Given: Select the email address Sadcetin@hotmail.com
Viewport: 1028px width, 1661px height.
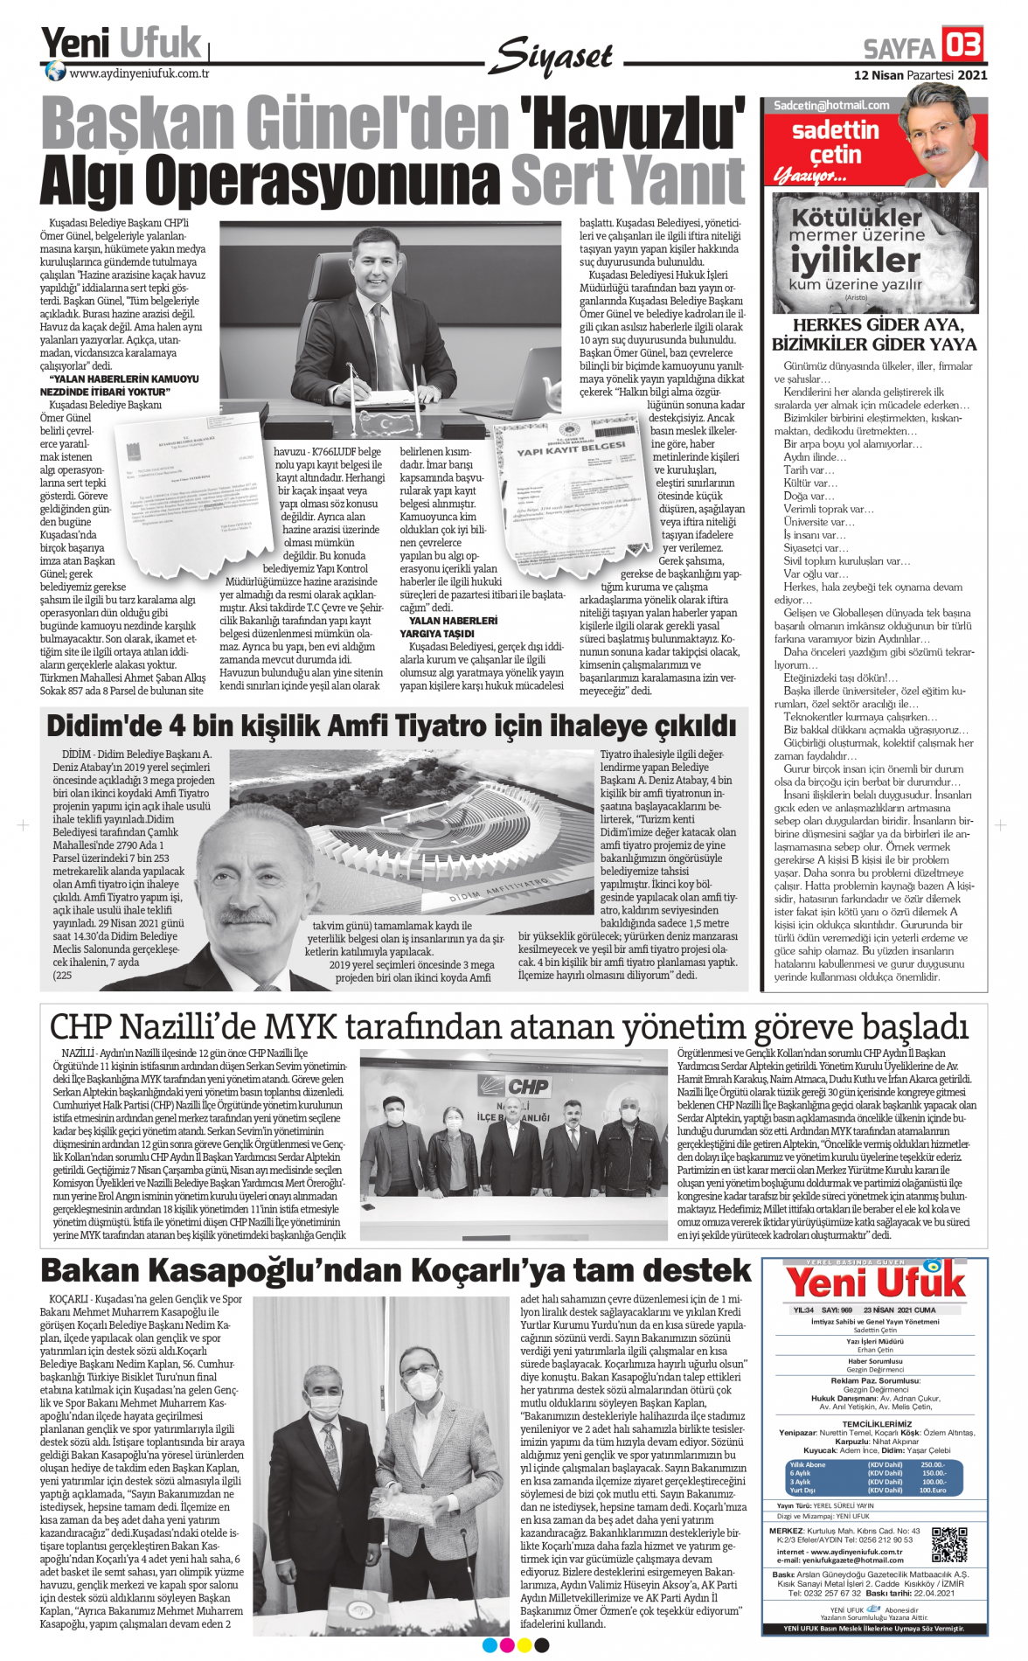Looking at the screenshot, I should click(831, 105).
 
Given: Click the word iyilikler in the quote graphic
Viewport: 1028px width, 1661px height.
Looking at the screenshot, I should click(855, 260).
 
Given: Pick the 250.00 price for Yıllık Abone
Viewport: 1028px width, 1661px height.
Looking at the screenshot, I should click(932, 1464).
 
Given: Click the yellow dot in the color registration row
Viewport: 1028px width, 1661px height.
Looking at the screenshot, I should click(524, 1645).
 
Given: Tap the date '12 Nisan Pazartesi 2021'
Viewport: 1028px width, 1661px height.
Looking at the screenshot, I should click(920, 75).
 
